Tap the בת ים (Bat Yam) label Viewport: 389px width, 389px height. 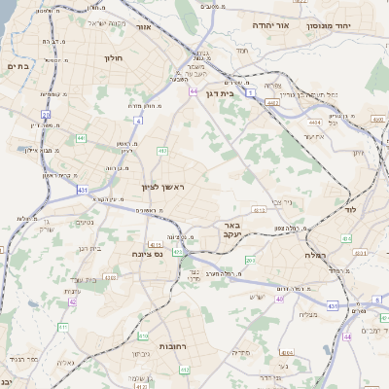point(19,66)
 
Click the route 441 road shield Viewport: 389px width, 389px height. point(80,139)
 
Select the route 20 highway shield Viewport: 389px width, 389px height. point(45,115)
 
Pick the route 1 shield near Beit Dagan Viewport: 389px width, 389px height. point(250,93)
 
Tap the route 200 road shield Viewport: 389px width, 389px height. point(249,260)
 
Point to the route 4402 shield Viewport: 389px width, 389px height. point(273,100)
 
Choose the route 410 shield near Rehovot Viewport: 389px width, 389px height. point(155,244)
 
